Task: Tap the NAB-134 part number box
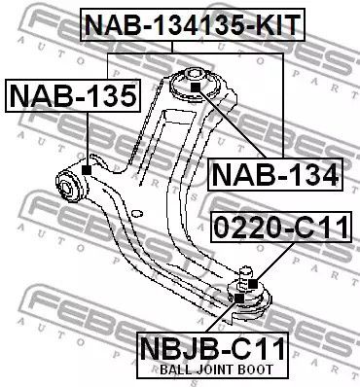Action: (x=274, y=175)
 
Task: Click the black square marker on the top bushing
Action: (x=195, y=88)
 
